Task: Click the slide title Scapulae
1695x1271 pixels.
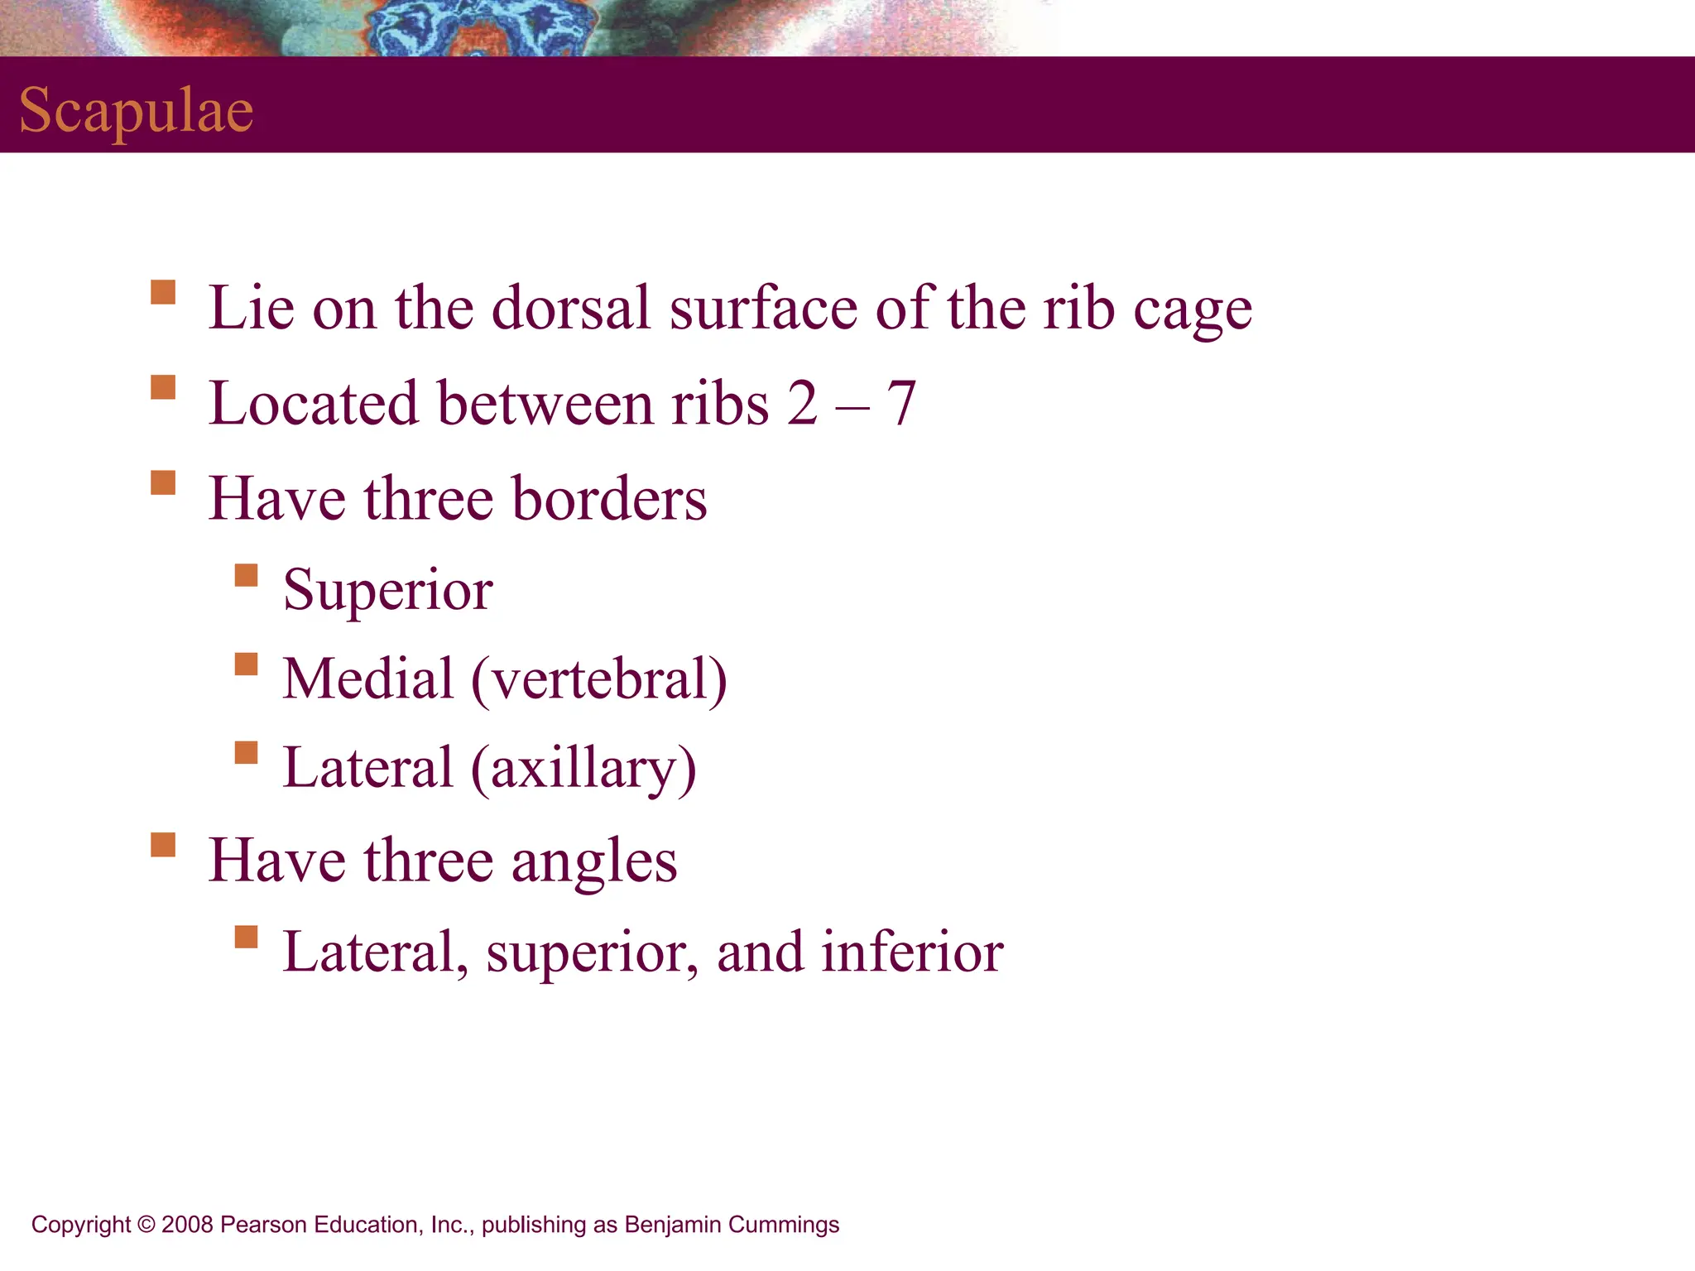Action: pos(137,110)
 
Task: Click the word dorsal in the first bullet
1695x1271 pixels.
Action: pos(571,308)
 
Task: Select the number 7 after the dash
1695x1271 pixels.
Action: pos(901,404)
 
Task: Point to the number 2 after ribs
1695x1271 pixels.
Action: pos(802,404)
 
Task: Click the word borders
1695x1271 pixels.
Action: pos(609,499)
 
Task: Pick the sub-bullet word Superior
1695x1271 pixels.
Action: pos(388,590)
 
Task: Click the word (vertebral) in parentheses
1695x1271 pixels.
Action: pos(599,679)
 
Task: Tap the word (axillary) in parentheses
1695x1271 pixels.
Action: pos(583,769)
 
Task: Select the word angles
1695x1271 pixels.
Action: pos(594,861)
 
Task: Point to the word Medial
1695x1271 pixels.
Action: pos(368,679)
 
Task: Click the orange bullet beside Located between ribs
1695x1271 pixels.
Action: pos(163,387)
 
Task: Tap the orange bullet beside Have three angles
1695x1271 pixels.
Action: pos(163,845)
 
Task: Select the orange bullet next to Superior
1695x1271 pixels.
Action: pos(246,575)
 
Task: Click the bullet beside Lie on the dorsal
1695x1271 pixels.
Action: pos(163,292)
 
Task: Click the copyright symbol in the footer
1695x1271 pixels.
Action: pos(146,1225)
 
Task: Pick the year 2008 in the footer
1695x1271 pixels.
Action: pos(188,1225)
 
